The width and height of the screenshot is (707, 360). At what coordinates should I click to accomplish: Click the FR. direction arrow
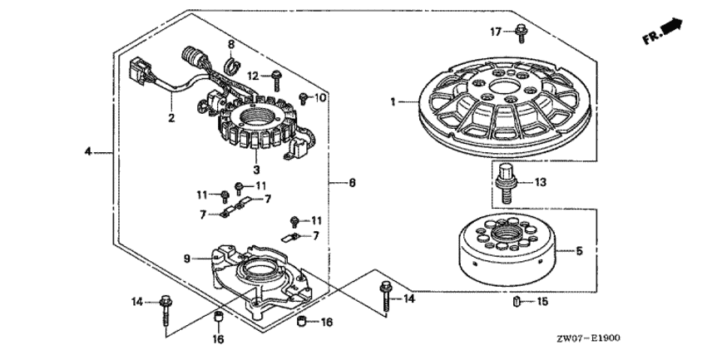coord(665,34)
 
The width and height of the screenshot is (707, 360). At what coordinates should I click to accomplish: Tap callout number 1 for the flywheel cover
coord(392,101)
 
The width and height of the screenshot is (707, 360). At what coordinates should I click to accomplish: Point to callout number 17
coord(495,32)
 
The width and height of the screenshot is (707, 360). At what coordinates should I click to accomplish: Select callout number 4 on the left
coord(89,151)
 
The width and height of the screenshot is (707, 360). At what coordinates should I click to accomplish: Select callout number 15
coord(541,302)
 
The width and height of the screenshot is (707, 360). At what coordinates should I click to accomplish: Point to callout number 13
coord(540,183)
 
